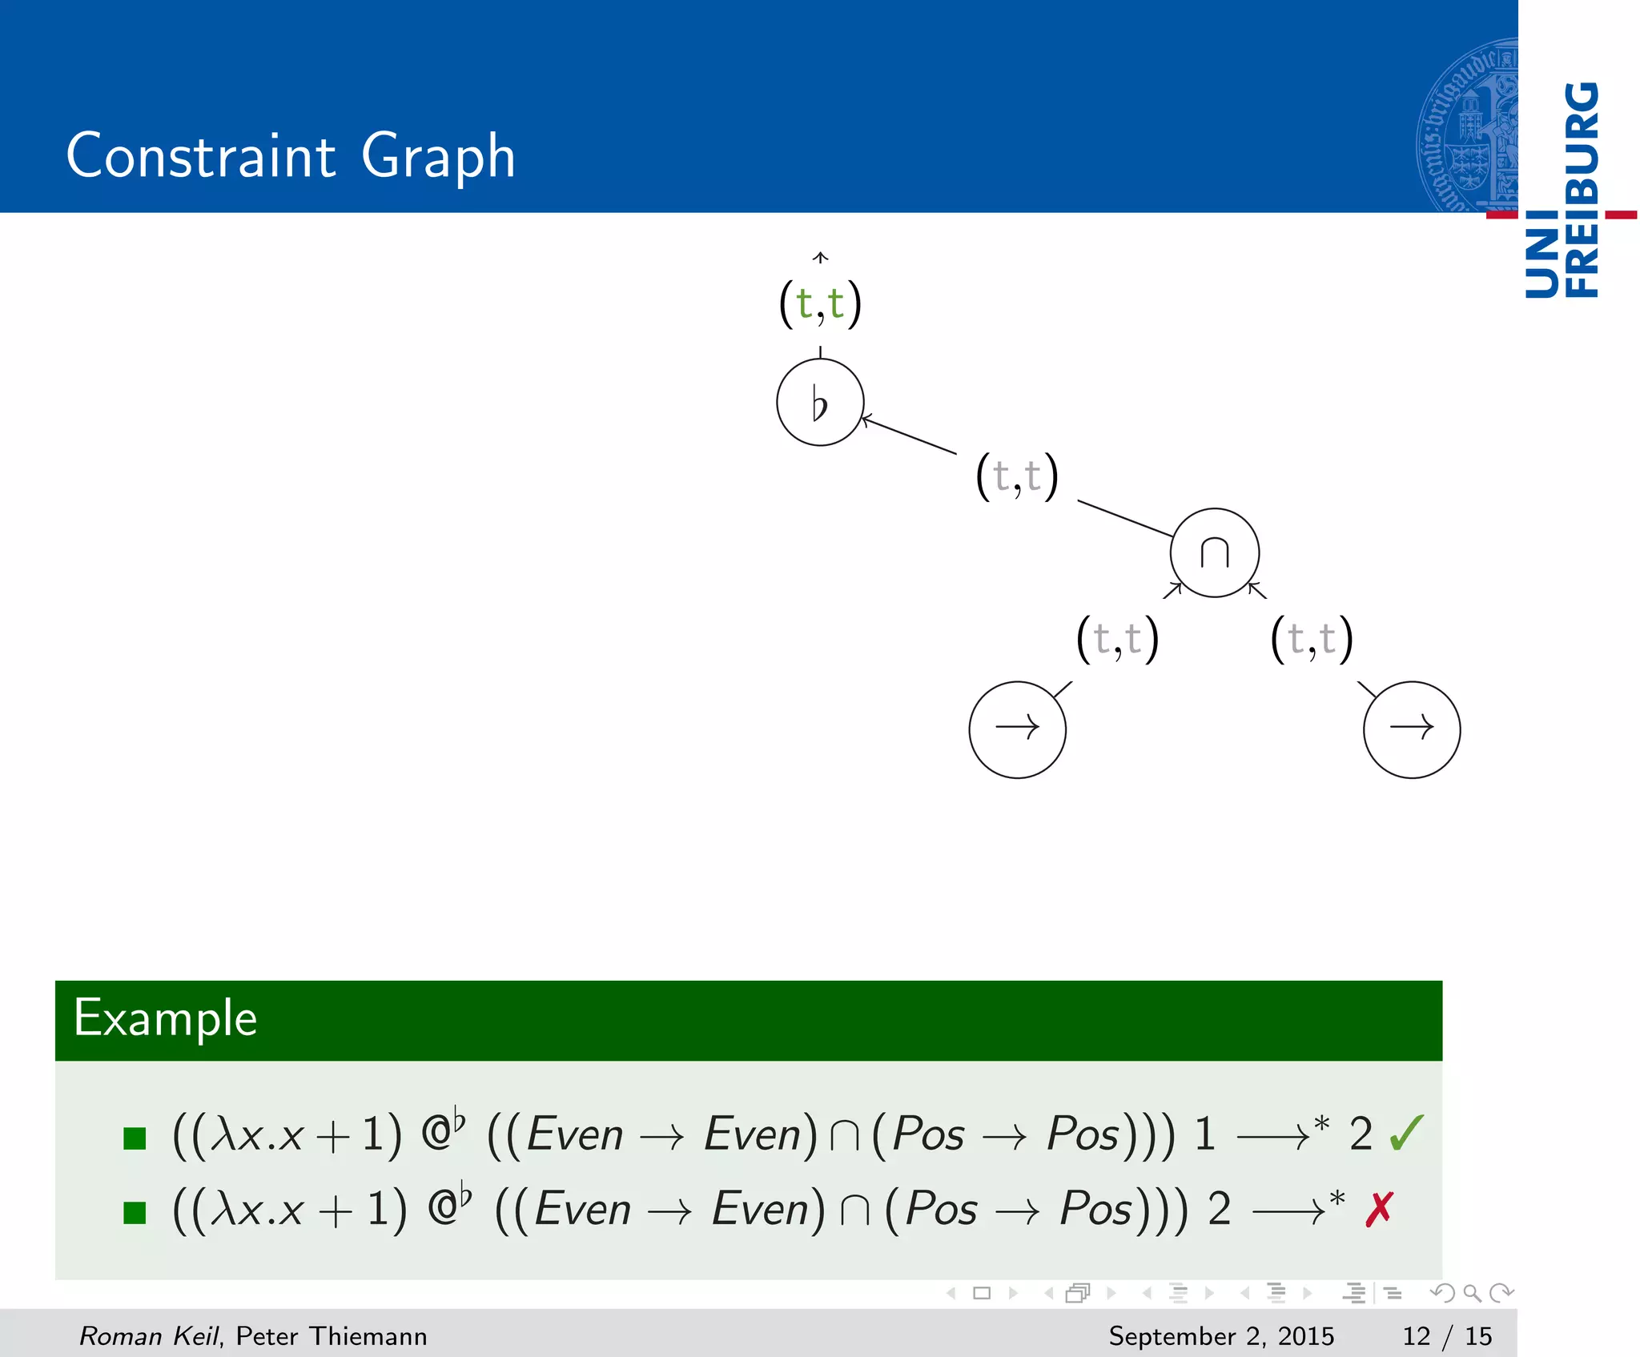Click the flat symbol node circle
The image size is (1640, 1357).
coord(820,402)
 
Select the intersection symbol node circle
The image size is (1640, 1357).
coord(1214,552)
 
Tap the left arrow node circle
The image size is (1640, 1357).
coord(1017,729)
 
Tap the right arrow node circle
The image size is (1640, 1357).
coord(1411,729)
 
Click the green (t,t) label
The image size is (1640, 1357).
coord(820,303)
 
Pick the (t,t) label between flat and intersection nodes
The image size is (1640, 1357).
coord(1017,476)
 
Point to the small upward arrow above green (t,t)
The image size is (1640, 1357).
coord(820,258)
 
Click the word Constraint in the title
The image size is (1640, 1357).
coord(201,156)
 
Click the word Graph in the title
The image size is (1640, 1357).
coord(438,156)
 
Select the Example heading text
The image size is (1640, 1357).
coord(166,1018)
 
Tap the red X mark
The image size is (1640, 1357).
coord(1379,1209)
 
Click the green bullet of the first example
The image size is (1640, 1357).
coord(135,1138)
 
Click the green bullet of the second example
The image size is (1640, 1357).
coord(135,1213)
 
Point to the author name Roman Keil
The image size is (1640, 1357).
coord(148,1335)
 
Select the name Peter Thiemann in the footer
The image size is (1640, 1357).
coord(332,1335)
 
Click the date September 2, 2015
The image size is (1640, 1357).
coord(1221,1335)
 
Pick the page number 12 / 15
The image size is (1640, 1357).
coord(1447,1335)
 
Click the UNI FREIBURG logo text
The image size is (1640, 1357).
coord(1562,191)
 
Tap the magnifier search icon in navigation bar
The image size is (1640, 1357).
coord(1472,1293)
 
